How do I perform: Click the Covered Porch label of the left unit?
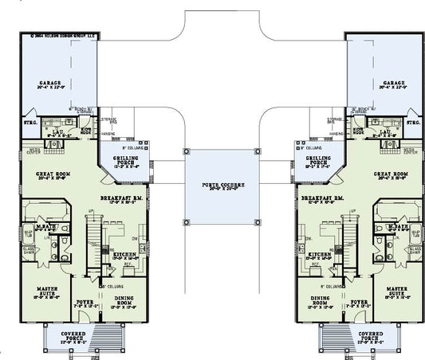[77, 337]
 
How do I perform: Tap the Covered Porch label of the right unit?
[369, 337]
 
